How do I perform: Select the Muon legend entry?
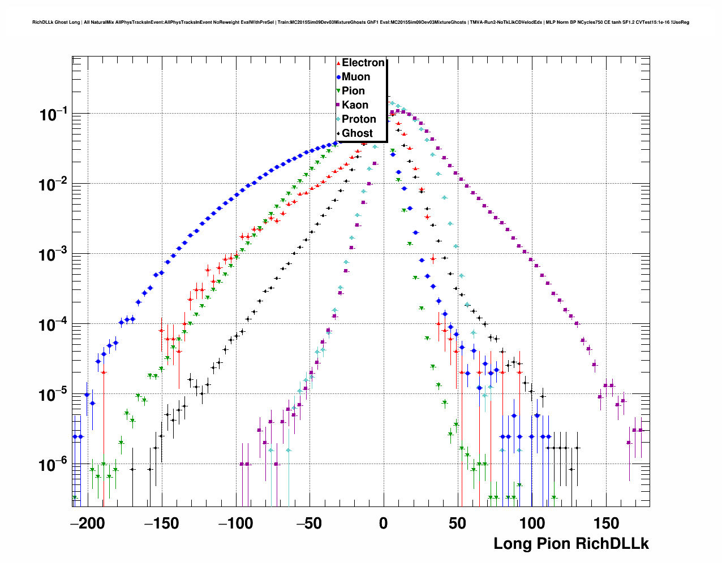356,77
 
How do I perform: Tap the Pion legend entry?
353,91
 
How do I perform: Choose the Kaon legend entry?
355,105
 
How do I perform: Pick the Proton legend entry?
359,119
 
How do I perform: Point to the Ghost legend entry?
357,133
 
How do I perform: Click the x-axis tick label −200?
88,523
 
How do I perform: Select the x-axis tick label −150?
162,523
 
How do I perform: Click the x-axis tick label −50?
310,523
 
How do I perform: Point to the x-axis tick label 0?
384,523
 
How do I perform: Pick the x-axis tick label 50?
457,523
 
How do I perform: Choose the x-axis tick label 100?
531,523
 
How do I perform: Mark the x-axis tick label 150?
605,523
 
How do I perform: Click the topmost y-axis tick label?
53,115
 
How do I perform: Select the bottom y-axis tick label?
53,465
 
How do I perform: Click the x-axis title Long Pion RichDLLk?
571,544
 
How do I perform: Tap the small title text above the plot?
360,23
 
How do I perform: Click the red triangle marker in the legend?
338,63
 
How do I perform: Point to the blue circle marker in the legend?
338,77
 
